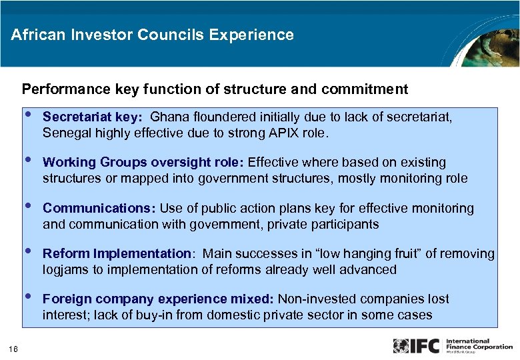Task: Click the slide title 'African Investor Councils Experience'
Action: tap(152, 35)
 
